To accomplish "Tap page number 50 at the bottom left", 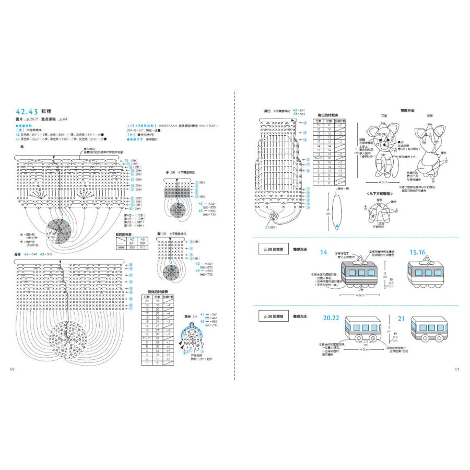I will coord(13,369).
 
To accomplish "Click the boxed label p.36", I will coord(274,250).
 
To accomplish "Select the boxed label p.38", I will coord(274,316).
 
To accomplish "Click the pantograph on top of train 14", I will coord(360,258).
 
